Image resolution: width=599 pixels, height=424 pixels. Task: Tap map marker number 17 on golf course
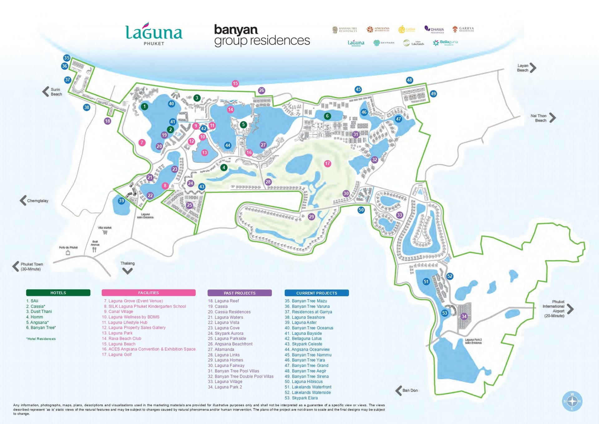(327, 163)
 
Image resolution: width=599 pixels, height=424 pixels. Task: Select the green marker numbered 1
(144, 106)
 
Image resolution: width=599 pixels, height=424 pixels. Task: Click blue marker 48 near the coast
(409, 80)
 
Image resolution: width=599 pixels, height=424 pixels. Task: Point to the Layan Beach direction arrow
(533, 68)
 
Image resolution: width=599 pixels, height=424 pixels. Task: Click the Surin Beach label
(56, 92)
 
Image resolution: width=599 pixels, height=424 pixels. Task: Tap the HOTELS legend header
(58, 293)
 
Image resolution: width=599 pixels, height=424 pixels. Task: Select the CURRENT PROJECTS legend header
(316, 293)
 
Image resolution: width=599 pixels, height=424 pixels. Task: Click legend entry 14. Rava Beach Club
(121, 338)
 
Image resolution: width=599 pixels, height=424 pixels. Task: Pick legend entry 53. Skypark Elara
(301, 398)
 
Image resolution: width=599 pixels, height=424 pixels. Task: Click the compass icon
(572, 401)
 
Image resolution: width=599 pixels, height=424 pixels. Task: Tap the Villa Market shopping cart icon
(105, 232)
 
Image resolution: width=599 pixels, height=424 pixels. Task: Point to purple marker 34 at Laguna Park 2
(464, 316)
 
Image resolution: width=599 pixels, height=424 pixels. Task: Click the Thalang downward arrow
(127, 271)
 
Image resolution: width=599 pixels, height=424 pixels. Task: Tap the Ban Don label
(410, 390)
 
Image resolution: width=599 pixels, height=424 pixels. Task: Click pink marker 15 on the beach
(235, 83)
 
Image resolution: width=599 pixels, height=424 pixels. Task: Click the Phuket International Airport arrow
(570, 309)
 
